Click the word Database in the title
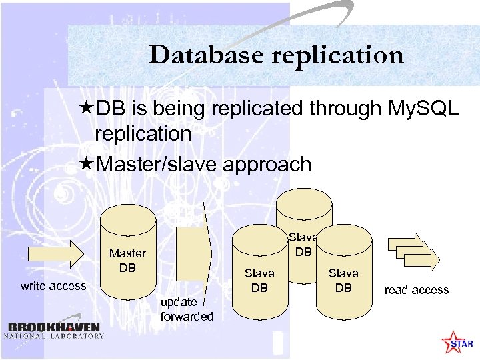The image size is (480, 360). [206, 55]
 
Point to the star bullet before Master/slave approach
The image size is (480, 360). [85, 164]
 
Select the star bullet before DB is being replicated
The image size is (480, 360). [85, 108]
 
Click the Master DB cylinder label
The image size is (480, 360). [127, 260]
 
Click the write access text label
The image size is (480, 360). [53, 286]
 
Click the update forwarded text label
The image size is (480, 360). [187, 309]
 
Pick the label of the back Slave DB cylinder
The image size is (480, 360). [303, 245]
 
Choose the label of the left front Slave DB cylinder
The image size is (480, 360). [259, 280]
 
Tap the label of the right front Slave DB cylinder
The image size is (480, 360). [343, 280]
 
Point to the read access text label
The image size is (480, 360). [417, 290]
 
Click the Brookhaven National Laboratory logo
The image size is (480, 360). [55, 330]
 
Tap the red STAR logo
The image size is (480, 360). [456, 341]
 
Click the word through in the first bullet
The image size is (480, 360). [348, 108]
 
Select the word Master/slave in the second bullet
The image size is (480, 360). [151, 165]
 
